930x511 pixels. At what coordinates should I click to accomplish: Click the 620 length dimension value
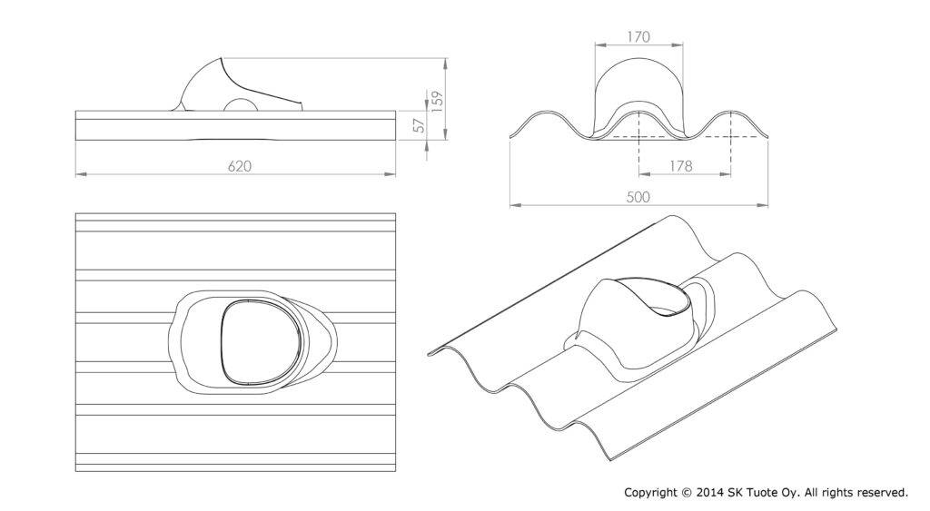(x=240, y=167)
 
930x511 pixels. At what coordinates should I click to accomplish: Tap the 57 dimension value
(x=420, y=125)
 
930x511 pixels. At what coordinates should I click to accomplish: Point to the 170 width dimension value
(x=638, y=36)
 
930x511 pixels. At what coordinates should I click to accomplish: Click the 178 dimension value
(x=680, y=166)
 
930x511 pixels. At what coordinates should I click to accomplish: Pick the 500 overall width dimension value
(x=638, y=197)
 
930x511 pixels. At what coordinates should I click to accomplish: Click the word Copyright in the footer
(x=650, y=493)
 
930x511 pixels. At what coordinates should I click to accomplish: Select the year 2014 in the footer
(x=708, y=492)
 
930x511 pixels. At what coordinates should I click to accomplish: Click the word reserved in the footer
(x=882, y=492)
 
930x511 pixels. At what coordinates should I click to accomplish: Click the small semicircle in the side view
(x=240, y=103)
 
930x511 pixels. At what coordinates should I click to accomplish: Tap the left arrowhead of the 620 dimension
(x=81, y=174)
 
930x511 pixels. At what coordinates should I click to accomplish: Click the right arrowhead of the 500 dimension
(x=762, y=205)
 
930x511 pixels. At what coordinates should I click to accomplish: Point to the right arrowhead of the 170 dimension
(x=677, y=44)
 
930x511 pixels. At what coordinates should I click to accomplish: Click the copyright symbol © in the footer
(x=687, y=492)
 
